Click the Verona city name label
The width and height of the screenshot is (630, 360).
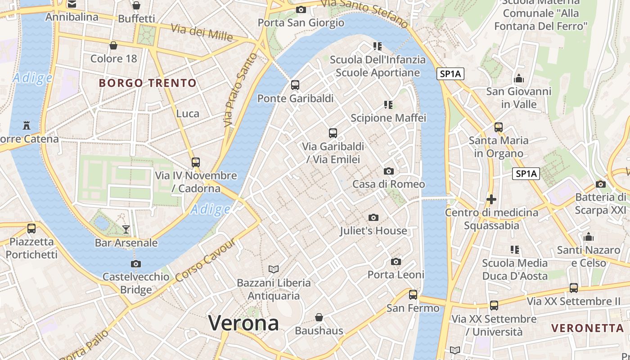click(x=243, y=323)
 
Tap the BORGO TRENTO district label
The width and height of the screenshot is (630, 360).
click(x=148, y=83)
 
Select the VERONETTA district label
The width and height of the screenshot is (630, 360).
click(x=587, y=328)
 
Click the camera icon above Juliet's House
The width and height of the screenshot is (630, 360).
click(x=373, y=218)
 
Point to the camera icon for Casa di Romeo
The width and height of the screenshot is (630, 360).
click(x=388, y=171)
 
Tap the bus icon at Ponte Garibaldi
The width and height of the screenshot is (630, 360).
click(x=295, y=85)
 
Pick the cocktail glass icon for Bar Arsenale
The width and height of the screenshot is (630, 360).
click(x=126, y=229)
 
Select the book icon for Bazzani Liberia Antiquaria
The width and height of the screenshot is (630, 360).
click(x=274, y=269)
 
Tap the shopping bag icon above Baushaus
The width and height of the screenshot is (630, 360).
click(x=319, y=317)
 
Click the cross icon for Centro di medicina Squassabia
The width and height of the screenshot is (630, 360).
click(x=491, y=199)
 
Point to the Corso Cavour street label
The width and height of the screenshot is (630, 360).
click(x=206, y=260)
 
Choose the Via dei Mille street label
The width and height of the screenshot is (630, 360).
click(x=201, y=32)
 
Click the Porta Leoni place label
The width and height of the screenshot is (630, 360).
click(x=396, y=274)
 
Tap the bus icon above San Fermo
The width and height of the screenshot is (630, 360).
click(x=413, y=295)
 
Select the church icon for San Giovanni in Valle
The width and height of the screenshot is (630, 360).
click(x=518, y=79)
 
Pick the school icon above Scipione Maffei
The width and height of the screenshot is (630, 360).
click(x=388, y=105)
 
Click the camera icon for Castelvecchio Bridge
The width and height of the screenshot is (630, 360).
click(x=136, y=264)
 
